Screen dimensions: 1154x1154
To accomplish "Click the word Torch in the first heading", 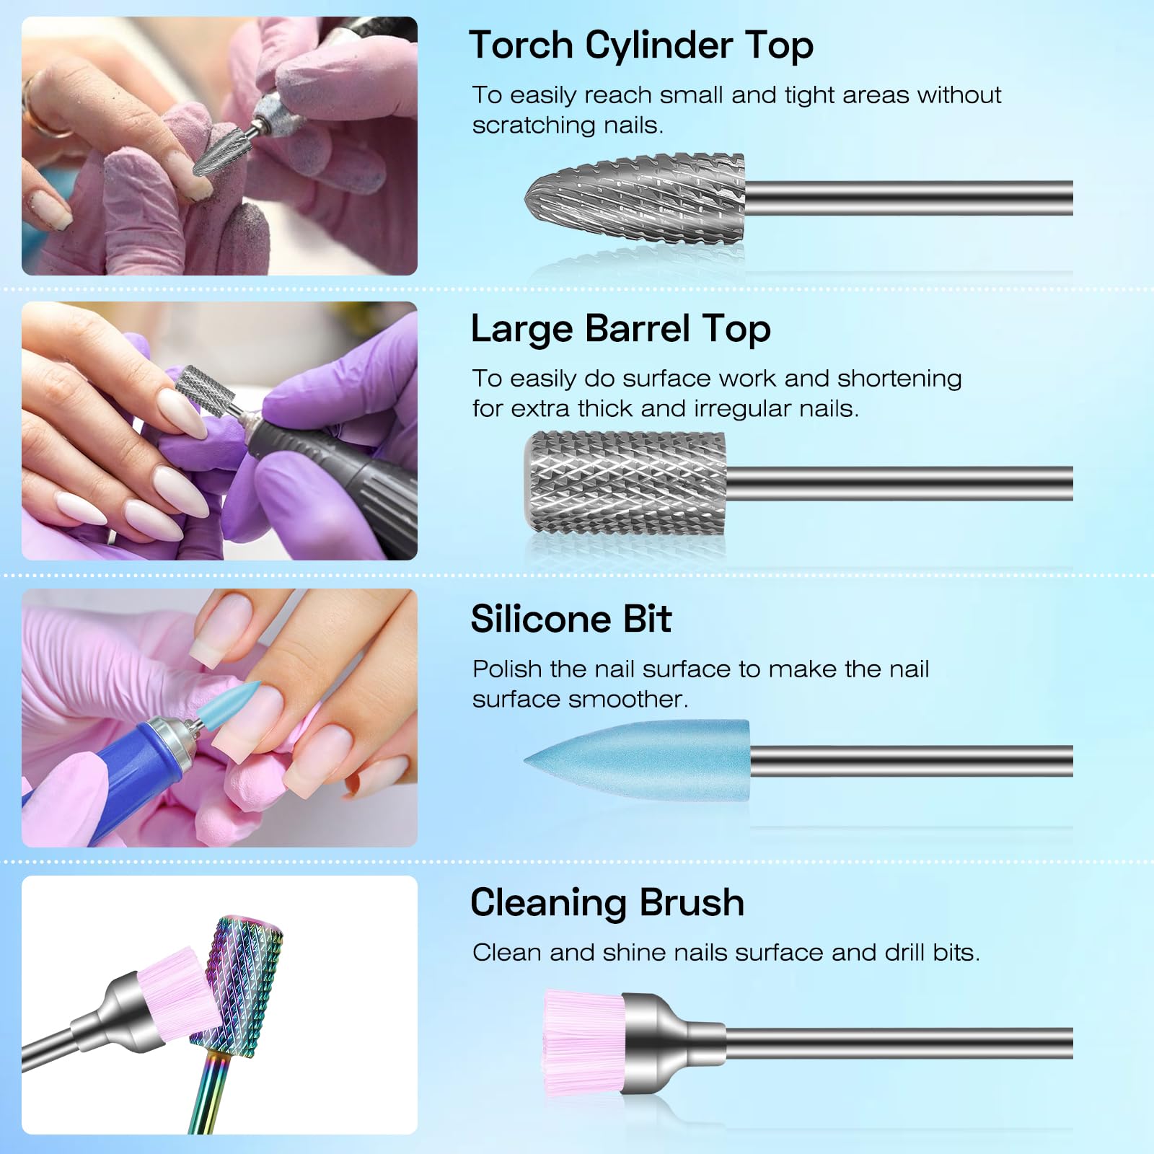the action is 521,45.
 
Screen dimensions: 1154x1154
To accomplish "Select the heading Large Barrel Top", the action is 621,329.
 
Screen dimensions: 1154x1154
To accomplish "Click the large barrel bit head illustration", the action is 625,483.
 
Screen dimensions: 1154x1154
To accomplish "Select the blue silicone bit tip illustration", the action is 637,761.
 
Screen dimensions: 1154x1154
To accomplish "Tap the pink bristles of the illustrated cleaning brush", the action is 584,1043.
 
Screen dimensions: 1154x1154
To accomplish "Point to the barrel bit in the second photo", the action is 208,390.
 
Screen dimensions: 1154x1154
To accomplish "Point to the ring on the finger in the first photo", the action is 45,115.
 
